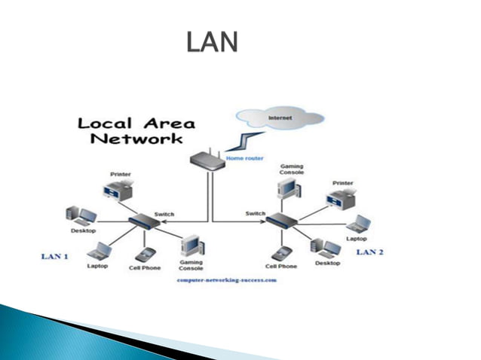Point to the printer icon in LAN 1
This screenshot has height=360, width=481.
(123, 190)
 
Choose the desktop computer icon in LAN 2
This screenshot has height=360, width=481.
(326, 250)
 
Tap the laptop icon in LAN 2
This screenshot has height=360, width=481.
(357, 224)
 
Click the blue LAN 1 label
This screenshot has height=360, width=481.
(54, 257)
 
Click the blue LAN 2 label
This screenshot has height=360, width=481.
(370, 251)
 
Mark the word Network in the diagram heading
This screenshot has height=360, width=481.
(136, 139)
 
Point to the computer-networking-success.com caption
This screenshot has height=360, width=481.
(226, 279)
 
